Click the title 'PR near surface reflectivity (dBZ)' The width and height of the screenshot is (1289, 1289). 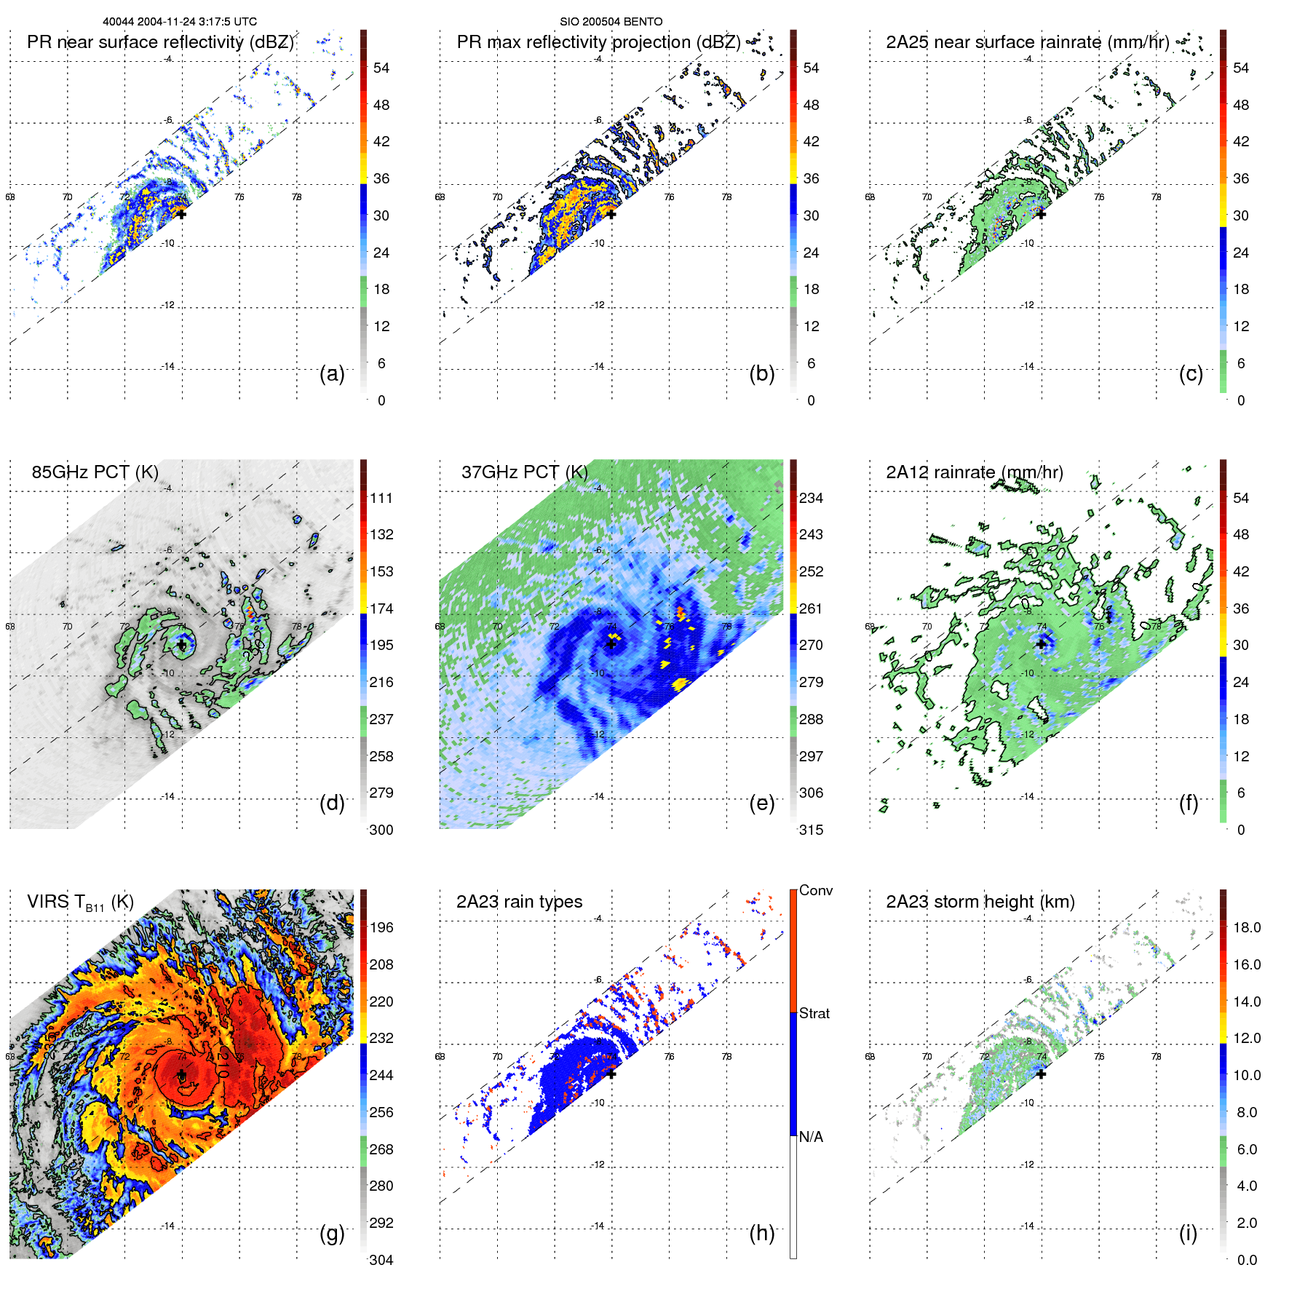tap(160, 42)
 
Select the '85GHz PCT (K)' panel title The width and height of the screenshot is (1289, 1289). tap(95, 472)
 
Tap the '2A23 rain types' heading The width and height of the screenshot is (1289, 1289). tap(519, 902)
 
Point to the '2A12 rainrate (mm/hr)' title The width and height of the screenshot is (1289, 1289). tap(974, 472)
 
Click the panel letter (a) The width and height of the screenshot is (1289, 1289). tap(332, 374)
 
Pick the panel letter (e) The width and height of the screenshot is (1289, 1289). tap(761, 804)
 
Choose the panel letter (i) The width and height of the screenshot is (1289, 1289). tap(1188, 1234)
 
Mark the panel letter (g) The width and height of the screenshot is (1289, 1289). tap(332, 1234)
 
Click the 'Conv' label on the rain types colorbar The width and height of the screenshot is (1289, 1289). tap(815, 891)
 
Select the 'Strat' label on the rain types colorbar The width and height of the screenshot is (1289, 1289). tap(814, 1014)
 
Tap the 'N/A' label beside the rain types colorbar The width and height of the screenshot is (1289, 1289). tap(811, 1137)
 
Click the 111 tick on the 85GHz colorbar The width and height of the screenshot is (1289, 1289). tap(381, 499)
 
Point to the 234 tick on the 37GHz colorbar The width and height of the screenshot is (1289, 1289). tap(811, 499)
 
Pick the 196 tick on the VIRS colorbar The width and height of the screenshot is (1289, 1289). tap(381, 928)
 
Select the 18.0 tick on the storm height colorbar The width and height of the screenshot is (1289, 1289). tap(1246, 928)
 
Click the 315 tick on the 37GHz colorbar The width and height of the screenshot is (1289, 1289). tap(811, 830)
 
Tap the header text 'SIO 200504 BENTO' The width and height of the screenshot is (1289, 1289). tap(611, 22)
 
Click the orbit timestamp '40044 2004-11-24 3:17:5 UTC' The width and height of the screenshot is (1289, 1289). tap(180, 22)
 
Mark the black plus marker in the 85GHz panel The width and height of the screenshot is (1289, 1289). tap(181, 645)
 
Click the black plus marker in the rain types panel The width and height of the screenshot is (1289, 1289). tap(611, 1074)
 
